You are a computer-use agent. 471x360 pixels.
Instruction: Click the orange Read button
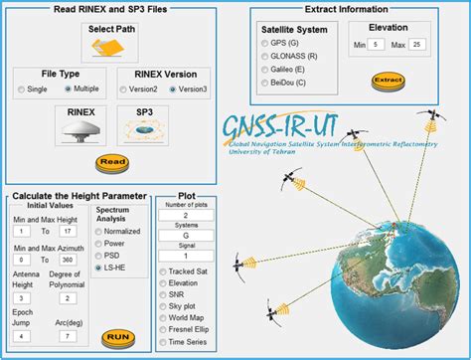click(112, 162)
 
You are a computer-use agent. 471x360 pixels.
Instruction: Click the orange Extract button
click(387, 80)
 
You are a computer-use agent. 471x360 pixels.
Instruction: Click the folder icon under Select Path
click(112, 44)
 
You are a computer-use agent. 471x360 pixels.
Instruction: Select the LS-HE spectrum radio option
click(97, 268)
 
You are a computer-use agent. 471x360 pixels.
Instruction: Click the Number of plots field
click(186, 215)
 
